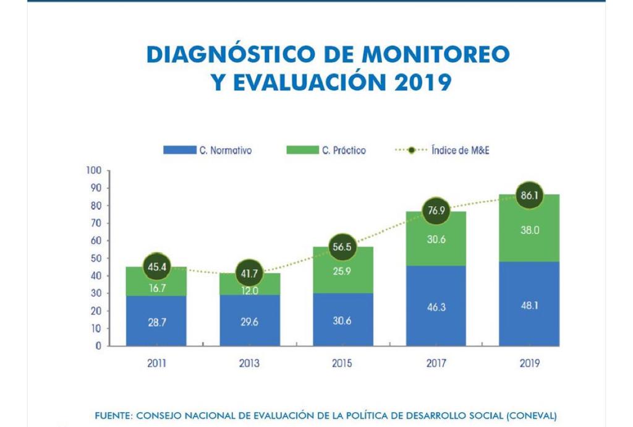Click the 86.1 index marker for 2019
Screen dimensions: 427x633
[529, 194]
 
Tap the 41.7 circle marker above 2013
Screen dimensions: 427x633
[249, 272]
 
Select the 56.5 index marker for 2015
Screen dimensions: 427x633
[342, 246]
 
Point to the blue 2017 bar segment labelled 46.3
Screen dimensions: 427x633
[436, 306]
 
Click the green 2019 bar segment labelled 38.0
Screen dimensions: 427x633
[529, 230]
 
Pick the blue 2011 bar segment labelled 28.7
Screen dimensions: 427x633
[156, 321]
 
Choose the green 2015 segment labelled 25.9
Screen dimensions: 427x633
[342, 270]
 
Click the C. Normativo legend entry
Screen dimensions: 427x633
[208, 150]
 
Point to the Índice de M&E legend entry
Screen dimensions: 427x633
[442, 150]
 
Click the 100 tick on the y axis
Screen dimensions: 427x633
[93, 170]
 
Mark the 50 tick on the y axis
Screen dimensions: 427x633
[96, 258]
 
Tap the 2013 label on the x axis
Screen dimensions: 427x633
[249, 363]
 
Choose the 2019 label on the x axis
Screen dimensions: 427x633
[529, 363]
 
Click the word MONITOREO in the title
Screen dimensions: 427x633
[436, 54]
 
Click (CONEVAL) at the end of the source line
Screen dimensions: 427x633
[531, 415]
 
